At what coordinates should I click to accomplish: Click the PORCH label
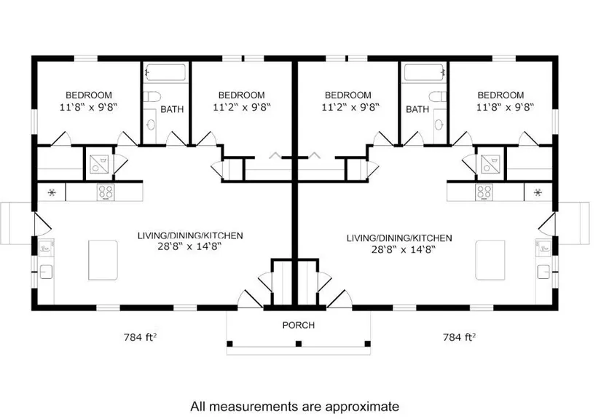coord(298,325)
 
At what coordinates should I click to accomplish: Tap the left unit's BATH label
coord(172,109)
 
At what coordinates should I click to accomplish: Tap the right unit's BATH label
coord(417,109)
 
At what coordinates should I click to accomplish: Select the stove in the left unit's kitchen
coord(106,192)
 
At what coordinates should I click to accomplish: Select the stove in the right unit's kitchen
coord(484,192)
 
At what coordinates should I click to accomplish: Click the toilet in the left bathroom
coord(152,96)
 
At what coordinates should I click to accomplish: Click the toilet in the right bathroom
coord(438,96)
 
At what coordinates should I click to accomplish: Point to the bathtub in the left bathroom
coord(165,72)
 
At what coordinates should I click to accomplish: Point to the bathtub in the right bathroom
coord(424,72)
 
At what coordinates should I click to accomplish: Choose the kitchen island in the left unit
coord(103,260)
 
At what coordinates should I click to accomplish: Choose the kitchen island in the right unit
coord(490,260)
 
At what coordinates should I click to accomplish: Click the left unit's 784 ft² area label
coord(140,337)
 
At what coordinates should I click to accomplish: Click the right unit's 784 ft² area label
coord(459,337)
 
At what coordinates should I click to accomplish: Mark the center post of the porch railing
coord(299,343)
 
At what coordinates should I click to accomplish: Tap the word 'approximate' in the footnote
coord(362,407)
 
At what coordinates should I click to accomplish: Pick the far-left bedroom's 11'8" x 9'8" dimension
coord(88,107)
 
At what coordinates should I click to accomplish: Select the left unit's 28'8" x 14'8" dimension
coord(189,246)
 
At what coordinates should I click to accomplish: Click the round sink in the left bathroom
coord(151,125)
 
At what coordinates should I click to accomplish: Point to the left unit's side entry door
coord(42,224)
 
